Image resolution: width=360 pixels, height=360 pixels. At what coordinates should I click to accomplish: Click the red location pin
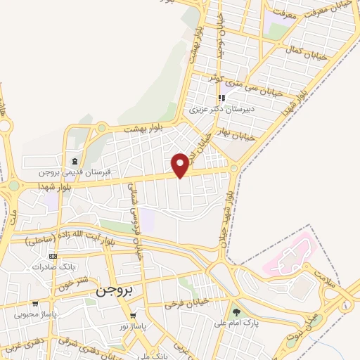pos(180,165)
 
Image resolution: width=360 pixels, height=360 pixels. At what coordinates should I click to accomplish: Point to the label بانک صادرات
pos(53,266)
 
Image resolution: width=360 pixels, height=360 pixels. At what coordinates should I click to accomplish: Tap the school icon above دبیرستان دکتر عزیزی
pos(222,98)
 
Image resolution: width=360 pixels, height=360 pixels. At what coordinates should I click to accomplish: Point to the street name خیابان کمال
pos(304,50)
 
